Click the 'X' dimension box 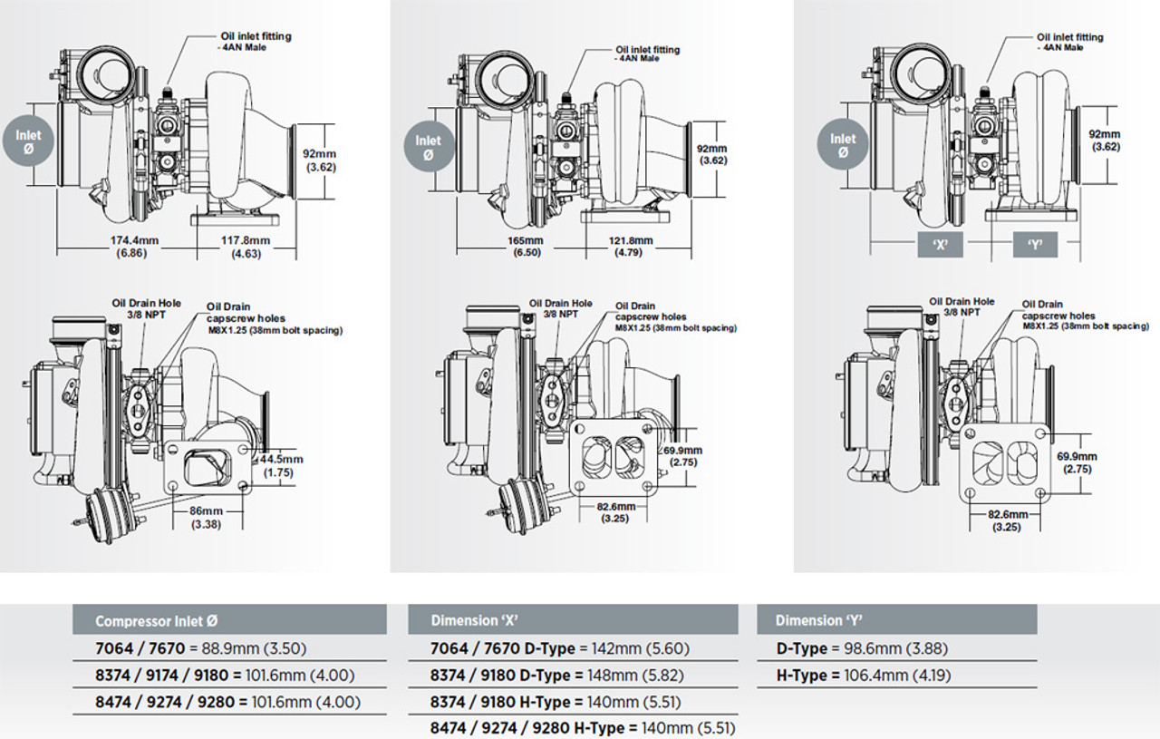tap(939, 246)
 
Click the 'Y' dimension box tap(1034, 246)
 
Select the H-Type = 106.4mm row tap(864, 676)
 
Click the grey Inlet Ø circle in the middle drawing tap(428, 147)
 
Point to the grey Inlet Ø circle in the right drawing tap(843, 145)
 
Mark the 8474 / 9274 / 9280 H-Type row tap(583, 728)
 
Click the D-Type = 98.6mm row tap(863, 649)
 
